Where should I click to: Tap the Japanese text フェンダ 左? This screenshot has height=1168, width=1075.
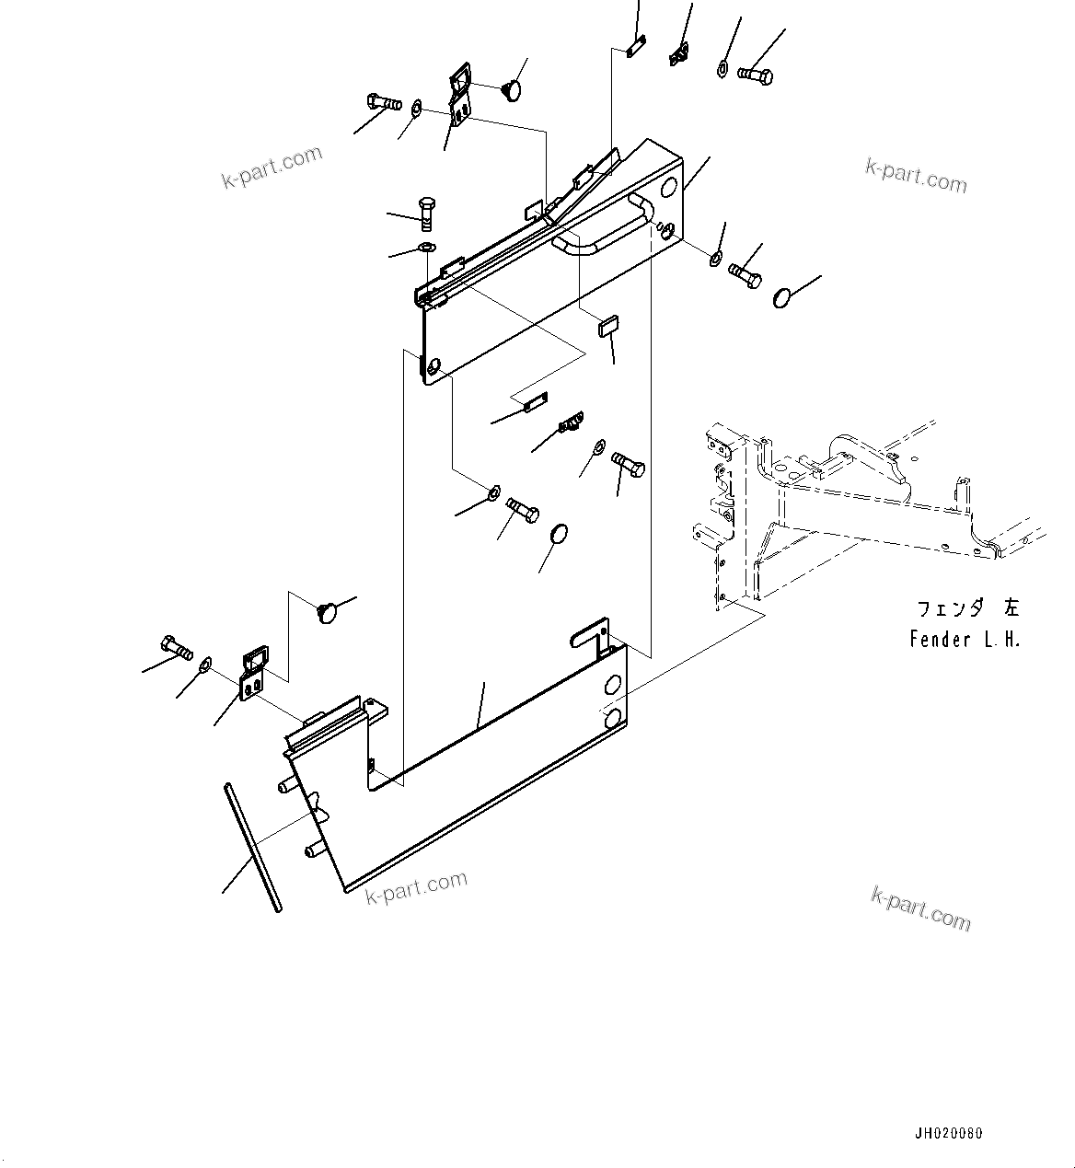click(x=966, y=608)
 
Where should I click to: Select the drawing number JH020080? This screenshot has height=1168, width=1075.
click(x=948, y=1133)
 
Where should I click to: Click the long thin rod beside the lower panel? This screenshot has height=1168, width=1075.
click(x=251, y=846)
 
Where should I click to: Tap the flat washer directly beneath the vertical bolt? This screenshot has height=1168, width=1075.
click(x=426, y=247)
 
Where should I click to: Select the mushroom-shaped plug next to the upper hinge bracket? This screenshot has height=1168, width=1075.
click(x=511, y=89)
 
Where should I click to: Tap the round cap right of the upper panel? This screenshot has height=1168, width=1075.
click(x=782, y=298)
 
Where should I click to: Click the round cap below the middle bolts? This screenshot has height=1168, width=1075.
click(x=558, y=536)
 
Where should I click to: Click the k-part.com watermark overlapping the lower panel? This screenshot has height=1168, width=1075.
click(x=416, y=887)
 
